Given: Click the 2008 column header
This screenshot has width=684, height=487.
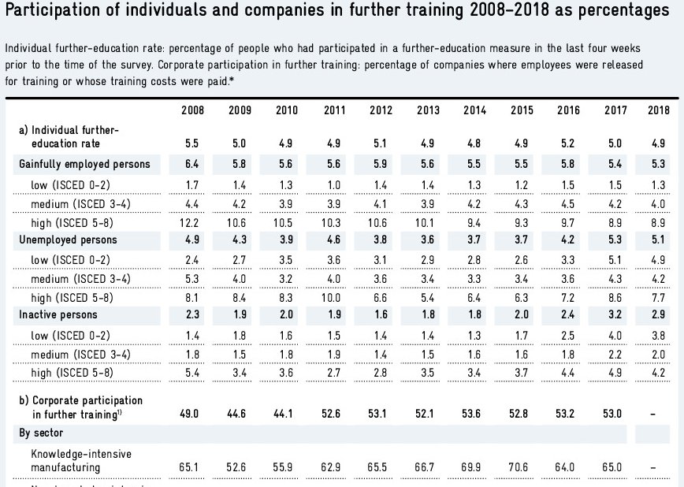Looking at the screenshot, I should [x=192, y=110].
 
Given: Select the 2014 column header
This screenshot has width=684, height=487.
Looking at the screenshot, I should [x=474, y=110].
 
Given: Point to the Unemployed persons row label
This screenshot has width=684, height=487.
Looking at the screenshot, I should [x=68, y=240].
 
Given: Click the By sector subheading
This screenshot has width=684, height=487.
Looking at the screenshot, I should [x=43, y=433].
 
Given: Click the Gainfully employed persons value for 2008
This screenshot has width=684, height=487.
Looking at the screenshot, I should [x=192, y=165].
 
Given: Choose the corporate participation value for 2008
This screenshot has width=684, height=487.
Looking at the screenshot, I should [x=192, y=411].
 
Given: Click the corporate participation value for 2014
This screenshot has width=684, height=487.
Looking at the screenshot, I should [x=474, y=411].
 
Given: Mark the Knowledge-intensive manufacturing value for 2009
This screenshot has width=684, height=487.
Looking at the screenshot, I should [x=240, y=467].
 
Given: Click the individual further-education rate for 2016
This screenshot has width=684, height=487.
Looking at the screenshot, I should [x=567, y=144].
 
